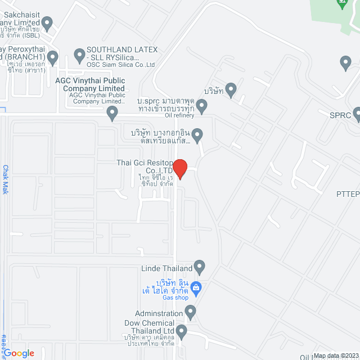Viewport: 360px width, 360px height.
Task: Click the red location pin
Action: click(x=179, y=168)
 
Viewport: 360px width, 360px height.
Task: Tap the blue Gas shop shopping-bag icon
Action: click(x=196, y=288)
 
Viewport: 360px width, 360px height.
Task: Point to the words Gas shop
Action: click(x=175, y=298)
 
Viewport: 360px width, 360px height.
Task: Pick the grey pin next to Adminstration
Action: click(x=191, y=310)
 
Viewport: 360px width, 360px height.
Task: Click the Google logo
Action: click(x=19, y=353)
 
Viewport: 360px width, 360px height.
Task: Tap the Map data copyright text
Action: click(x=336, y=355)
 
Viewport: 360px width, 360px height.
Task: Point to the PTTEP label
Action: click(x=348, y=194)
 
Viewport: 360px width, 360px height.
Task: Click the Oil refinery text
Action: click(x=179, y=115)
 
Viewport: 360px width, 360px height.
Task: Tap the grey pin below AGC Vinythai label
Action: click(x=112, y=114)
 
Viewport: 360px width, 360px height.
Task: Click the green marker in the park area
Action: click(x=341, y=3)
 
